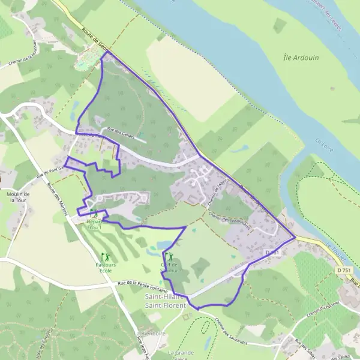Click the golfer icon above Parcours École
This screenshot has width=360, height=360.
[106, 257]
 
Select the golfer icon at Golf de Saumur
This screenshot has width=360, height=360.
[170, 257]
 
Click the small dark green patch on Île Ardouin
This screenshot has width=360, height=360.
[280, 25]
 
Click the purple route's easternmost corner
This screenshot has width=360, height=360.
[295, 237]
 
